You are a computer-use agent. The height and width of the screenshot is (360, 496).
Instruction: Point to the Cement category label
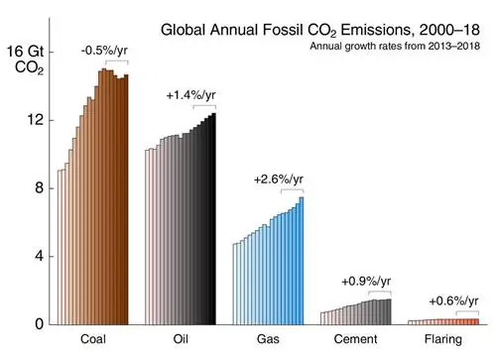pyautogui.click(x=356, y=341)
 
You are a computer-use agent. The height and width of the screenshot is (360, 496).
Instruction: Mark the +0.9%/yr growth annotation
pyautogui.click(x=365, y=280)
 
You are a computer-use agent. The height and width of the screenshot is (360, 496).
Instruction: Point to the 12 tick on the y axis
pyautogui.click(x=36, y=120)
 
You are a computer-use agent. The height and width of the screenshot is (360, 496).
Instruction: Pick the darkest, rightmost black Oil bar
pyautogui.click(x=213, y=218)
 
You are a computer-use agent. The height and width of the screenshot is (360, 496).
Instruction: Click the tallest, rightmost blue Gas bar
pyautogui.click(x=301, y=260)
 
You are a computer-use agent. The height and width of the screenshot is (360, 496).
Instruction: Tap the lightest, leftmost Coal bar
pyautogui.click(x=60, y=247)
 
